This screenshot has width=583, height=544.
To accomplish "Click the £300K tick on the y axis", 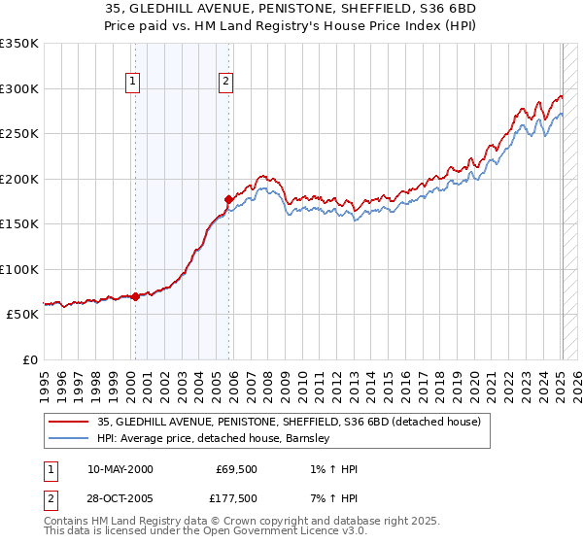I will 19,88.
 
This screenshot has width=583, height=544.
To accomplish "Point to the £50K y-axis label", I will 19,315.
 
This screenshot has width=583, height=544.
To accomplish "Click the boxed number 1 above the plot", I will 132,83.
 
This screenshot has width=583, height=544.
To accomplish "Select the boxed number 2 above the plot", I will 225,83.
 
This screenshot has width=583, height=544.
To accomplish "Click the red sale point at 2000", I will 136,297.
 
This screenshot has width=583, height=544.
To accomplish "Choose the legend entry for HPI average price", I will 214,438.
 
